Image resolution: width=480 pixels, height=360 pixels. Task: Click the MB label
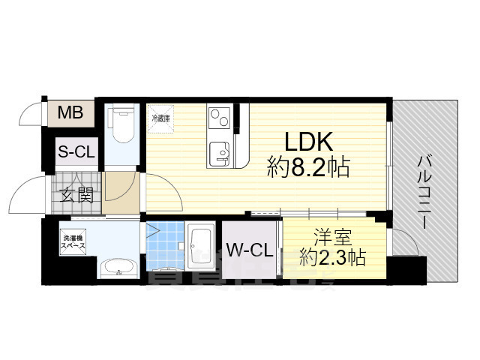(70, 114)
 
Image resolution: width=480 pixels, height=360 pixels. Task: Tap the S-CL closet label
(76, 151)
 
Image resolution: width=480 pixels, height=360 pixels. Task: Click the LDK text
(307, 142)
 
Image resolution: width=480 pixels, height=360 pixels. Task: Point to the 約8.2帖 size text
(308, 168)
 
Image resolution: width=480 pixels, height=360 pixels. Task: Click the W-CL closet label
(250, 249)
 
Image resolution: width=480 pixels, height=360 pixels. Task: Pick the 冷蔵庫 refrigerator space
(161, 118)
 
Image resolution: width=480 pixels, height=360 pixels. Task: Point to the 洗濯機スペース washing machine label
(73, 241)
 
